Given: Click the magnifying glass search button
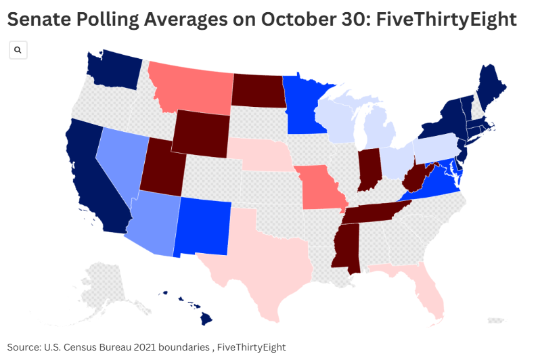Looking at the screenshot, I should (x=18, y=50).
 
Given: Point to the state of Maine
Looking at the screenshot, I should (x=491, y=85).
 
